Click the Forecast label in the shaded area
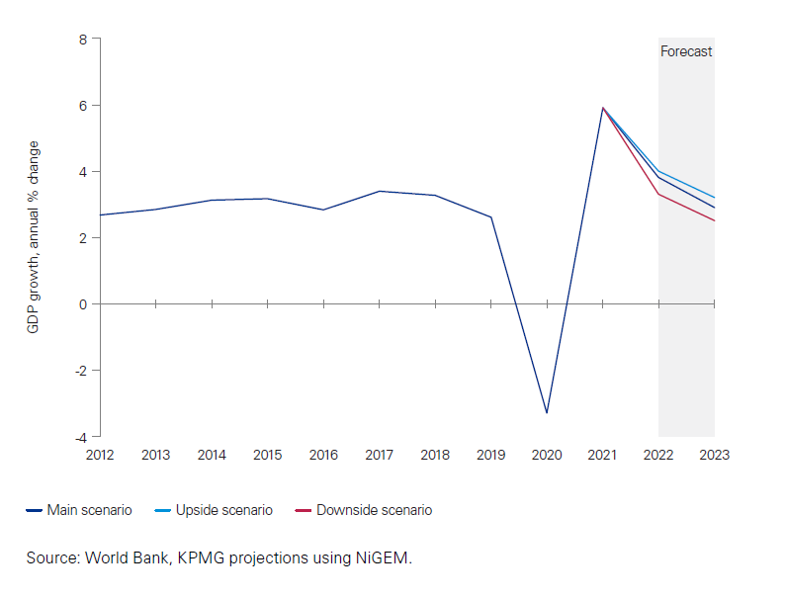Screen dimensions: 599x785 point(686,51)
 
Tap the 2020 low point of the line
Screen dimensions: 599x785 point(547,412)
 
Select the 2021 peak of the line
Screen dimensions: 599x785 point(602,108)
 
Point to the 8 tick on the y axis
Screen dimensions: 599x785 point(83,40)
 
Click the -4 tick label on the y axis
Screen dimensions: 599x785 point(80,437)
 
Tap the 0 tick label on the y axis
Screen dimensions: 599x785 point(83,304)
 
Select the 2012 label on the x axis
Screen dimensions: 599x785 point(100,455)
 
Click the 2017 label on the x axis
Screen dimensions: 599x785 point(379,455)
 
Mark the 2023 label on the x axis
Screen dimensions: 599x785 point(714,455)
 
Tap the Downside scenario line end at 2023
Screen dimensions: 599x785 point(714,220)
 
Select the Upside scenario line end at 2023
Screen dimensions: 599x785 point(714,198)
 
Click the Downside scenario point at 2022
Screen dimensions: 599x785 point(658,194)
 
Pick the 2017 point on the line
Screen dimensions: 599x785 point(379,191)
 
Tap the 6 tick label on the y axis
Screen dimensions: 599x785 point(83,106)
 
